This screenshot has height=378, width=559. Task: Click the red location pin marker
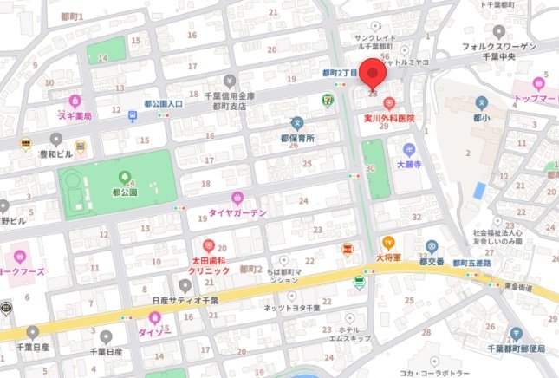pos(374,76)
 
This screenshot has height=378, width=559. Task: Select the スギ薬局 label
pos(76,114)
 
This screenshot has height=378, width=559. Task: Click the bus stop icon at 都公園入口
pos(133,116)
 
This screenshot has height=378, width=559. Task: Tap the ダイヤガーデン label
pos(237,212)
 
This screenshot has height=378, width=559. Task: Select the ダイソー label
pos(157,330)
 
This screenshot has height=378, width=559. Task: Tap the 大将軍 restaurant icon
pos(389,243)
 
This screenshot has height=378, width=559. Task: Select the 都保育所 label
pos(297,137)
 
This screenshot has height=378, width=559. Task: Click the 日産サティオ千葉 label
pos(184,299)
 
